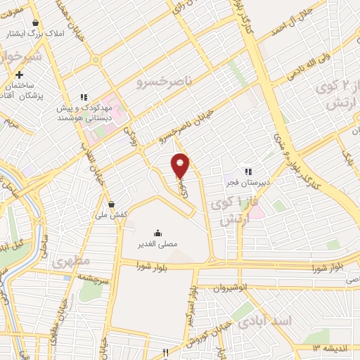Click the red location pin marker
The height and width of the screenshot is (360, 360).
(181, 165)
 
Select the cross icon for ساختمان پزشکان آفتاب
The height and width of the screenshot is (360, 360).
(20, 75)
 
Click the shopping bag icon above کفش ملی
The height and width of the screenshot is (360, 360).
(111, 204)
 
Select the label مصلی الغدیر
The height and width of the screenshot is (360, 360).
(157, 244)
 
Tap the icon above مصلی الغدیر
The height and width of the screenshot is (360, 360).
(157, 233)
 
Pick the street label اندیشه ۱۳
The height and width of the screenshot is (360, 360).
(327, 348)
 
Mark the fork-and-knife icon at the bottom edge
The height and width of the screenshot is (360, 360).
(166, 352)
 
